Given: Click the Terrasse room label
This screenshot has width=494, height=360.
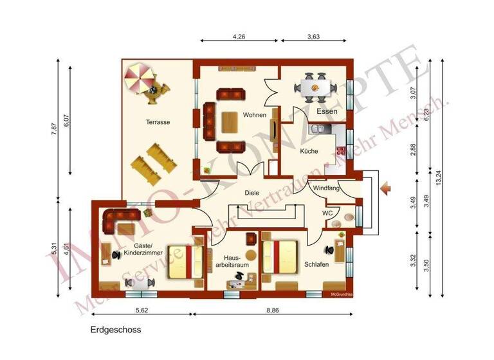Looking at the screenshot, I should click(x=158, y=122).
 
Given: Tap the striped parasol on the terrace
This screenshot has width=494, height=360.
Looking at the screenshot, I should click(x=140, y=78).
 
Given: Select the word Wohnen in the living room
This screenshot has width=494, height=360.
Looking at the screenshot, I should click(x=255, y=115).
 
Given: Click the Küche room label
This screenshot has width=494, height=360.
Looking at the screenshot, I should click(x=309, y=151).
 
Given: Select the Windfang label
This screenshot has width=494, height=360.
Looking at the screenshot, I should click(x=326, y=188).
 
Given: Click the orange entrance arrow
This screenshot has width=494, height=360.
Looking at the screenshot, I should click(x=387, y=188).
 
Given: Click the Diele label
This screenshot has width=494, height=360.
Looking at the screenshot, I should click(x=252, y=192).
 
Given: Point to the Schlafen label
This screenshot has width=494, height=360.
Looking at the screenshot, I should click(x=317, y=264).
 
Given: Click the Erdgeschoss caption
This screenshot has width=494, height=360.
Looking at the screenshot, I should click(x=114, y=329).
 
